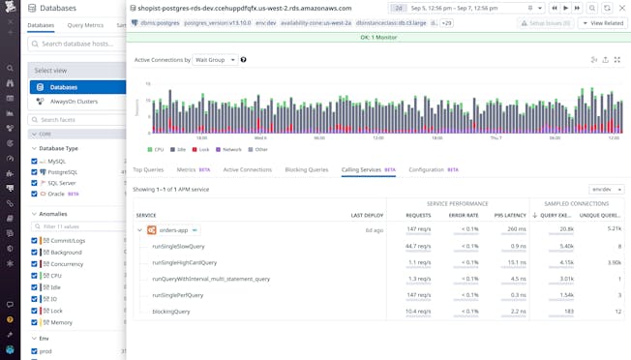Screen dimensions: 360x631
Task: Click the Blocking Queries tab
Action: point(306,169)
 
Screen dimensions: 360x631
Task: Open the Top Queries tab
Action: point(148,169)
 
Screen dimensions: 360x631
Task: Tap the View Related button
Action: point(603,22)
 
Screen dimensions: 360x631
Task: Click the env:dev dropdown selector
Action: point(606,190)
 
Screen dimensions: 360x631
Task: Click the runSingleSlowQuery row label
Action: point(184,246)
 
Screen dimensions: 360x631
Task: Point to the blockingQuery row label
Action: point(171,312)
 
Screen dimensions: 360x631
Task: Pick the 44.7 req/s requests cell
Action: point(418,246)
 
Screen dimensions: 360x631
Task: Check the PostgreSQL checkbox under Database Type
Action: point(35,171)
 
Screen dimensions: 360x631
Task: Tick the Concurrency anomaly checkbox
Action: point(35,263)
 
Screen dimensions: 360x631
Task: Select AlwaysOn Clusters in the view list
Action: point(74,101)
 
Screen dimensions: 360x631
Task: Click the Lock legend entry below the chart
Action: point(201,149)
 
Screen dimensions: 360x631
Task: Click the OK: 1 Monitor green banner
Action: point(378,38)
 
